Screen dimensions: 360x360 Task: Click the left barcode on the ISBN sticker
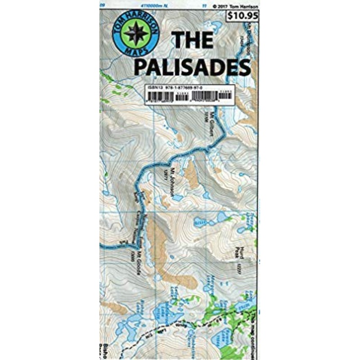point(157,97)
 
